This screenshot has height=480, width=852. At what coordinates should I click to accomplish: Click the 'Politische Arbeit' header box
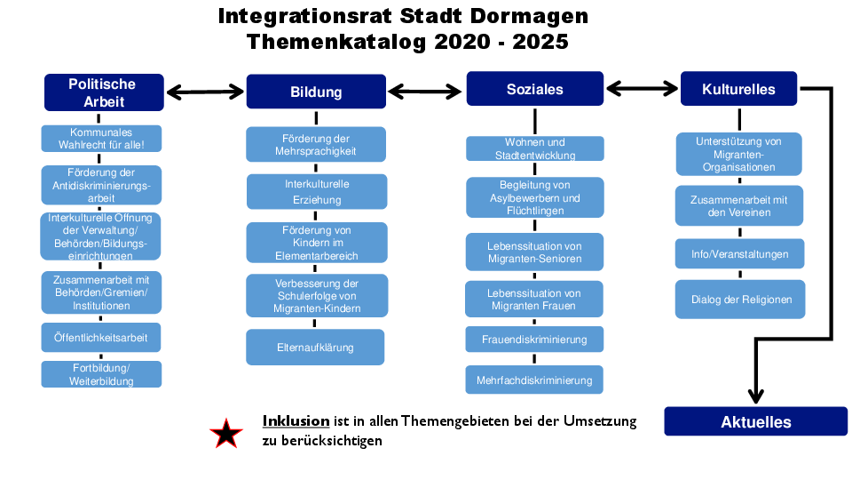click(x=104, y=92)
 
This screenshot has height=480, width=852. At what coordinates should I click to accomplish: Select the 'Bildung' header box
click(x=316, y=92)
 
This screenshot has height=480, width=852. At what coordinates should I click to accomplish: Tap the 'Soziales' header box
click(x=534, y=89)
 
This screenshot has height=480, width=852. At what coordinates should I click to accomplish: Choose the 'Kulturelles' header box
click(x=738, y=89)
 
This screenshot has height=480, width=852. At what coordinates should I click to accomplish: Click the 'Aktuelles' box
click(x=756, y=421)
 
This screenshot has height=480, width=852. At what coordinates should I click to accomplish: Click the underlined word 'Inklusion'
click(x=296, y=421)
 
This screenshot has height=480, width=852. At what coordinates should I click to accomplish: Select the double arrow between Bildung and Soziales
click(x=425, y=92)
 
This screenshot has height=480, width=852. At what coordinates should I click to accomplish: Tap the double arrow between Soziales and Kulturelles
click(x=642, y=88)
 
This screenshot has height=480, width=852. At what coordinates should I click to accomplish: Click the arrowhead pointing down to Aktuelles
click(x=756, y=396)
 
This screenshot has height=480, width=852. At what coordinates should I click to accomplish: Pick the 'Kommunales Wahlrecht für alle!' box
click(x=101, y=139)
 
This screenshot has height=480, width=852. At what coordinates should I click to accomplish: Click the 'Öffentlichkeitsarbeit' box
click(x=101, y=338)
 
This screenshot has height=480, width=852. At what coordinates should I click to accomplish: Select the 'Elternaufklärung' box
click(x=315, y=348)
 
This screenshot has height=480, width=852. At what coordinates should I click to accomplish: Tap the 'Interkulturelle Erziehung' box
click(x=317, y=192)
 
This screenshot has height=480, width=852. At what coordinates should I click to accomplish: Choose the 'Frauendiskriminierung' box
click(x=534, y=340)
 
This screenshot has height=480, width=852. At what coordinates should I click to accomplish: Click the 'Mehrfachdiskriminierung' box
click(x=534, y=380)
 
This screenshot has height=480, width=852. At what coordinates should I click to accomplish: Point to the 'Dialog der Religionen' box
click(x=740, y=300)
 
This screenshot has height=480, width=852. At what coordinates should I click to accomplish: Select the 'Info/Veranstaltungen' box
click(x=739, y=253)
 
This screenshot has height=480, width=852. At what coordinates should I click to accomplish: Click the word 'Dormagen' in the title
click(x=529, y=16)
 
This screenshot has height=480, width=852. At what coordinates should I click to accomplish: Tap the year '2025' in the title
click(x=540, y=42)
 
